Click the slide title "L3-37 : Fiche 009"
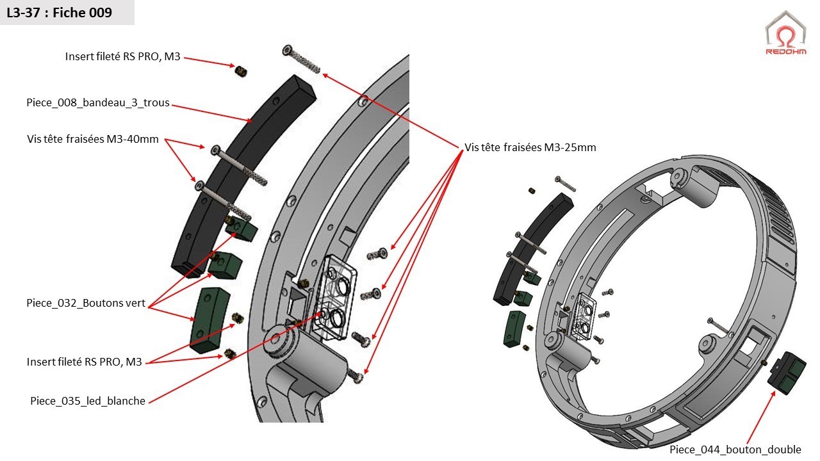click(x=59, y=13)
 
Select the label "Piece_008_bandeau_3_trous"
click(x=98, y=102)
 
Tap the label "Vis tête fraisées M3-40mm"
click(x=93, y=139)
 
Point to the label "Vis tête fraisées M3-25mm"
click(x=530, y=147)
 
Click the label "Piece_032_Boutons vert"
click(x=86, y=303)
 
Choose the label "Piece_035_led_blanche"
click(x=88, y=401)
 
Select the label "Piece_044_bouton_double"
click(x=735, y=449)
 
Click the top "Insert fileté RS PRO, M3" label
click(x=123, y=56)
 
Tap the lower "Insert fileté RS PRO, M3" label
click(x=84, y=362)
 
